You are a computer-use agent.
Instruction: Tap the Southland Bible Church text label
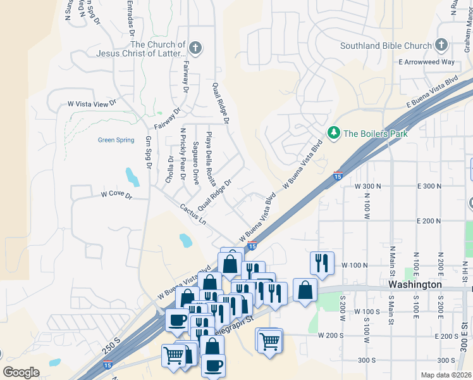pyautogui.click(x=386, y=46)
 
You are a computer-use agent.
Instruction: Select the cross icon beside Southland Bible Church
pyautogui.click(x=441, y=46)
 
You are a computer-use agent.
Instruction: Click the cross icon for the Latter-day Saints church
pyautogui.click(x=196, y=48)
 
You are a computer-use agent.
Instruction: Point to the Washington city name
pyautogui.click(x=415, y=285)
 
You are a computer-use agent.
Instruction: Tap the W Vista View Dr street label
pyautogui.click(x=92, y=103)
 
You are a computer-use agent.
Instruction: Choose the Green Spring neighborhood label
pyautogui.click(x=116, y=140)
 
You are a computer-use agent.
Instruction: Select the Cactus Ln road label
pyautogui.click(x=193, y=214)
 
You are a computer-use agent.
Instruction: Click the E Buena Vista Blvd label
pyautogui.click(x=433, y=92)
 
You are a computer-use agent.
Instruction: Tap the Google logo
pyautogui.click(x=21, y=372)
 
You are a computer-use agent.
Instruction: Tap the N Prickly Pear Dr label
pyautogui.click(x=183, y=149)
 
